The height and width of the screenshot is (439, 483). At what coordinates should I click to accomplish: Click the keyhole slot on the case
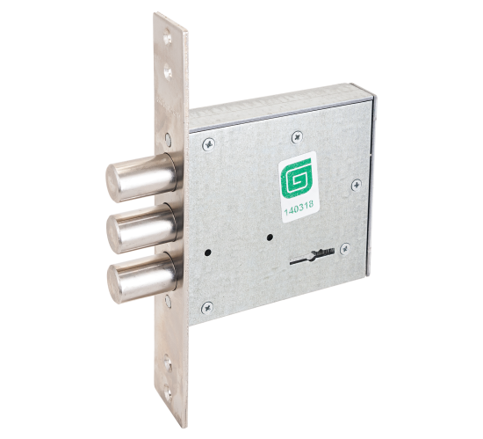click(313, 257)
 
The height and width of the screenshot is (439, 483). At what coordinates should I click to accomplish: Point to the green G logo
click(296, 178)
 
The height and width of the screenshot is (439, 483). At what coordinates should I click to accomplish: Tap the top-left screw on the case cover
click(208, 143)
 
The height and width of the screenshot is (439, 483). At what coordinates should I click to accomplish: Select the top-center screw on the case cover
click(297, 137)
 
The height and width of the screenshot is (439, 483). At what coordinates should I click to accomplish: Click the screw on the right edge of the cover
click(357, 185)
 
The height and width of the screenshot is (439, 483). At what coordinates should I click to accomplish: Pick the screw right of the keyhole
click(345, 249)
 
